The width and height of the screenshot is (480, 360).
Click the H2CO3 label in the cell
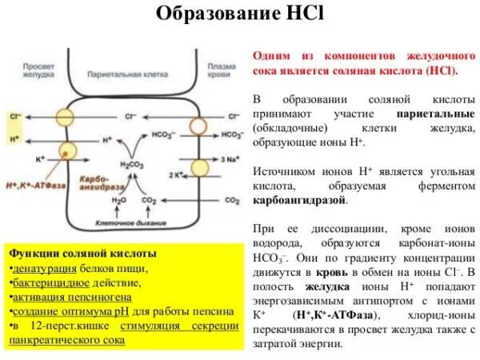tap(130, 165)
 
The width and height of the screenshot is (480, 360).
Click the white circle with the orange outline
tap(197, 125)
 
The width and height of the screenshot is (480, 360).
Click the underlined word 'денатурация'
tap(44, 268)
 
